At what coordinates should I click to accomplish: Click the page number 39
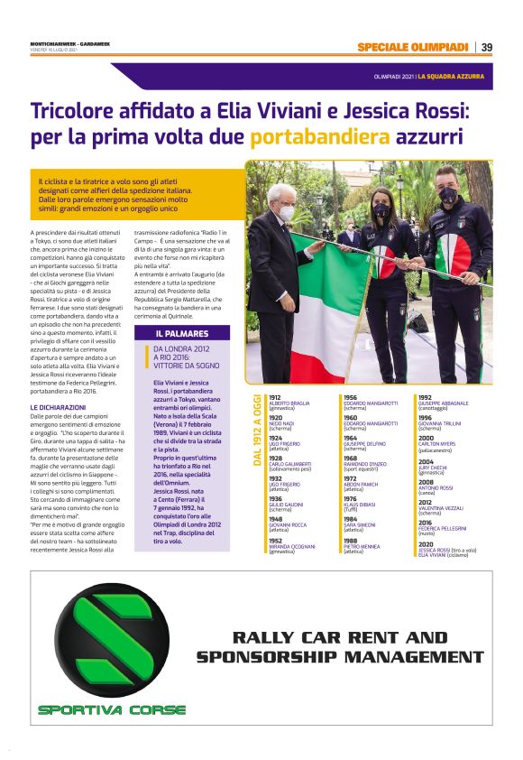[486, 47]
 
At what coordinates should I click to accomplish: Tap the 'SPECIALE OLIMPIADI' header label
[412, 47]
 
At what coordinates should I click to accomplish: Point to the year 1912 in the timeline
[275, 397]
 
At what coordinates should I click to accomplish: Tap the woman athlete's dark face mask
[382, 210]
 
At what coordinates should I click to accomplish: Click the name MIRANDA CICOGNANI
[293, 546]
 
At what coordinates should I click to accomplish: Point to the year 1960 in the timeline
[351, 418]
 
